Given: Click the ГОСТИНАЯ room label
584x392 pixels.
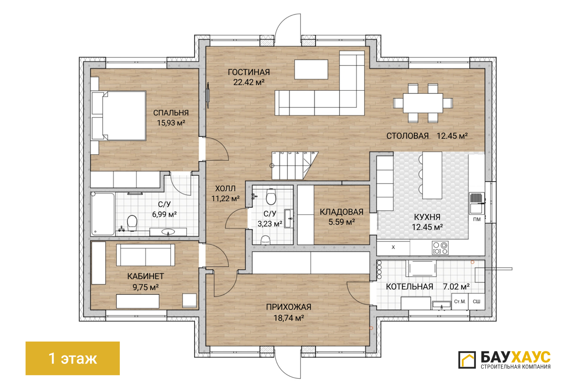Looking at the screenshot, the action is point(249,72).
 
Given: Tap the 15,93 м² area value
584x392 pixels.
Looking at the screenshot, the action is point(171,123).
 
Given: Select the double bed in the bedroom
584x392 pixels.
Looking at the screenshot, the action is point(119,116).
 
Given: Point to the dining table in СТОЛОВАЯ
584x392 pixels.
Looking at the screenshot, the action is point(423,103).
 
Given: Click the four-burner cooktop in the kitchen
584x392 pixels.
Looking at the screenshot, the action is point(440,248).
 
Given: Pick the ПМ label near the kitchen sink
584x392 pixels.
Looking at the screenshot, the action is point(477,220).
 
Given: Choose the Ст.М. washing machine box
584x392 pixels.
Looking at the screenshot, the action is point(460,302).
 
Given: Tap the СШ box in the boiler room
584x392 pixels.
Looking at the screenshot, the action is point(477,302).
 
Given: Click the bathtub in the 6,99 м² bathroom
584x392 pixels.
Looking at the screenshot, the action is point(103,214).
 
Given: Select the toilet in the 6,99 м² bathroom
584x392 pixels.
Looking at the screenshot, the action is point(132,223).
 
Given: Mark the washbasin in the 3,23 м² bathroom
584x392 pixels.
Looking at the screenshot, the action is point(289,218).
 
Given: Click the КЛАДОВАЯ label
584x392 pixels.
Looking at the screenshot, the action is point(341,212).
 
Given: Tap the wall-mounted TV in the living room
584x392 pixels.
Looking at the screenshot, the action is point(208,95).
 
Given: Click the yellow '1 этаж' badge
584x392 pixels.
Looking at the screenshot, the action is point(72,358).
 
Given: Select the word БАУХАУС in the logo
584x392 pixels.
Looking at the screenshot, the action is point(516,357).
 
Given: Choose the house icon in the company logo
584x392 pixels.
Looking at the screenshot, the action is point(467,360).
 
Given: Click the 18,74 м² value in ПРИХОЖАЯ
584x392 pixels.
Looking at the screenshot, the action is point(289,318).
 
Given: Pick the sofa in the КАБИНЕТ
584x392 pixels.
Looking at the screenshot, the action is point(145,255).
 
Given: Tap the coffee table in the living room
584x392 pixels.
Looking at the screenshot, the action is point(311,70).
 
